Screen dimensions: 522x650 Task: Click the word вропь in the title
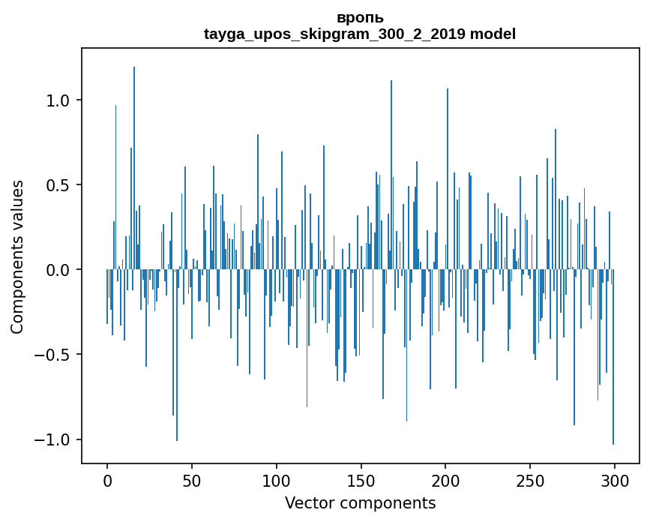(360, 18)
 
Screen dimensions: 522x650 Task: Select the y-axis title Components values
(17, 256)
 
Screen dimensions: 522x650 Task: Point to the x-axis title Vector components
(360, 503)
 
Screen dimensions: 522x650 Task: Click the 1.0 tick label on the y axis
(58, 100)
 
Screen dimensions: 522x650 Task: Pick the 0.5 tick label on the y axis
(58, 185)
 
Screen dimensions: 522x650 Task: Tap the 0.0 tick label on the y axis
(58, 270)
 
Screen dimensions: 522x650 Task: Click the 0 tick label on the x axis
(107, 481)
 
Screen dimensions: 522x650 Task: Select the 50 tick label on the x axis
(192, 481)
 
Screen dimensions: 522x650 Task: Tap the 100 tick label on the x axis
(277, 481)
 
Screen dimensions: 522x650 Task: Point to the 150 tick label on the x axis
(361, 481)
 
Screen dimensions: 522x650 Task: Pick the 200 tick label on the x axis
(446, 481)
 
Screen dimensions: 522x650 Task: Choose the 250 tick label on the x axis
(531, 481)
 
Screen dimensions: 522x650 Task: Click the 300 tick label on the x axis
(615, 481)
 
